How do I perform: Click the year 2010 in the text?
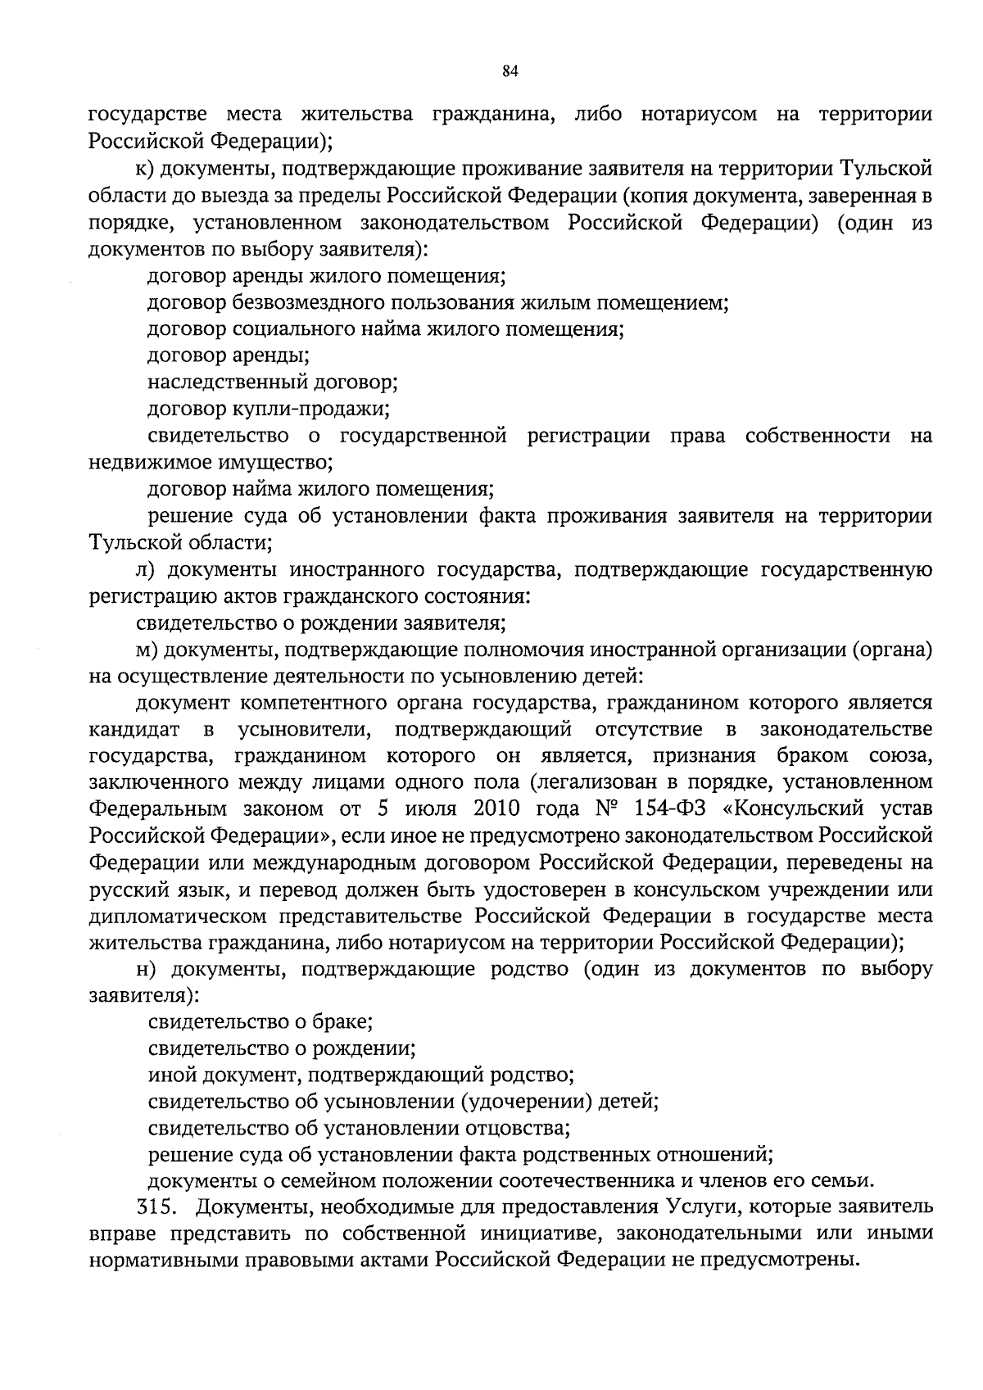tap(496, 809)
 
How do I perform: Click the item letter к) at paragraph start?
tap(145, 170)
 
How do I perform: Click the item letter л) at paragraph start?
tap(145, 570)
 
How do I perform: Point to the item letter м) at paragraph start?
tap(146, 650)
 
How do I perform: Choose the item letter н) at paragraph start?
tap(145, 970)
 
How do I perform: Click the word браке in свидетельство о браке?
tap(347, 1022)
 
